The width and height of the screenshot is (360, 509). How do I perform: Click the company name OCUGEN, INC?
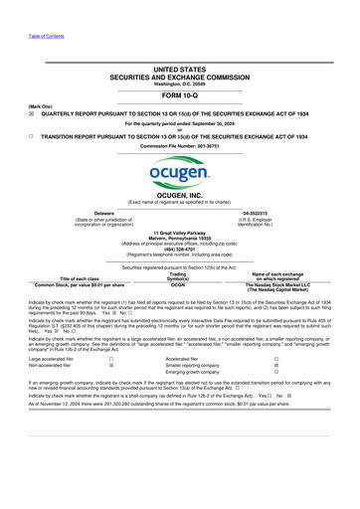pyautogui.click(x=179, y=197)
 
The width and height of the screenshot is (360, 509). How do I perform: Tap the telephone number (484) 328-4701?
pyautogui.click(x=179, y=249)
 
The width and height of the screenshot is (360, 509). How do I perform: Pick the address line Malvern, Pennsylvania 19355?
pyautogui.click(x=179, y=238)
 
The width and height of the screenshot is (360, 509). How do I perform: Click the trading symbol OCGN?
pyautogui.click(x=179, y=284)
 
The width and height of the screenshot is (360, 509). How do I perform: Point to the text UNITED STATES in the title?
pyautogui.click(x=179, y=70)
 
